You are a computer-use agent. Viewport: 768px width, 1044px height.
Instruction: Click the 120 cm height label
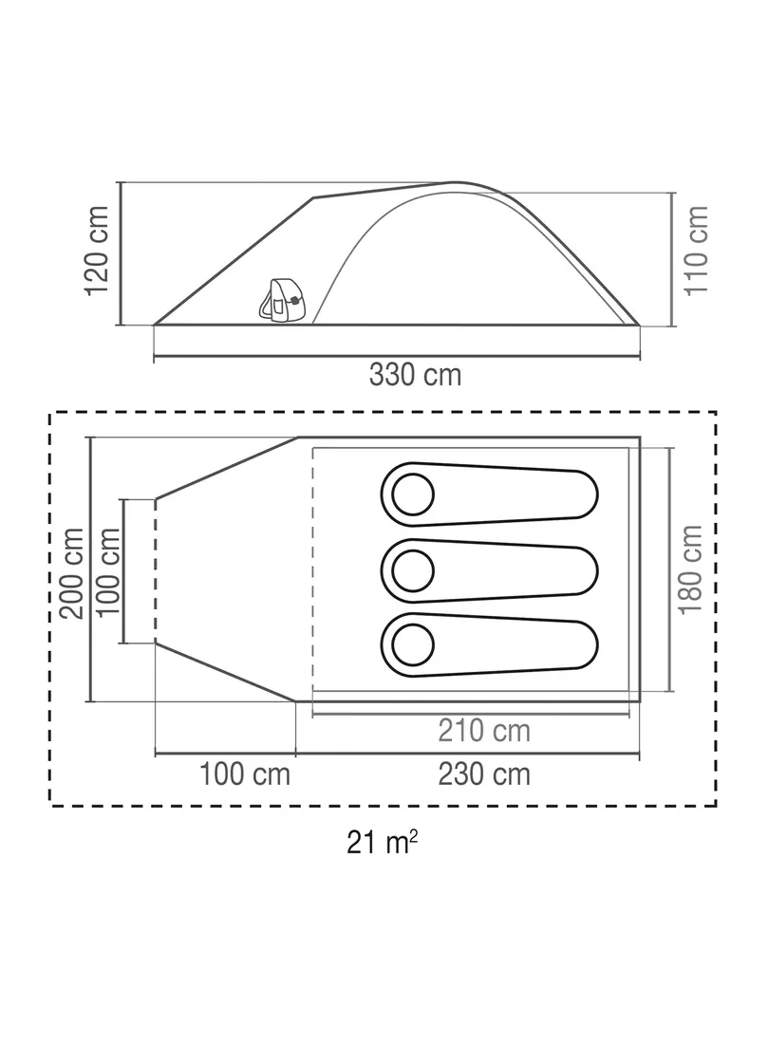click(97, 251)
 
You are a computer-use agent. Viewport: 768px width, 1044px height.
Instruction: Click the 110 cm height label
click(696, 251)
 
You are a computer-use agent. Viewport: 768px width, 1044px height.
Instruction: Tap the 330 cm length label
click(415, 376)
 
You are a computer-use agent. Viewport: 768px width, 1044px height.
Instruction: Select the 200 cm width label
click(72, 573)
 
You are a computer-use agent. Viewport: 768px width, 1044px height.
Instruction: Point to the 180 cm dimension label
click(691, 570)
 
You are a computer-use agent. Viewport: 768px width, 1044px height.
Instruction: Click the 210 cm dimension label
click(484, 731)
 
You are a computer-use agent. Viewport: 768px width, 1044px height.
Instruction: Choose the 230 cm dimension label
click(484, 775)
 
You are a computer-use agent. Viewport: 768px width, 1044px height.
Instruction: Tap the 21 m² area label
click(383, 843)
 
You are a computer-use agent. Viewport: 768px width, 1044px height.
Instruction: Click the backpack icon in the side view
click(282, 300)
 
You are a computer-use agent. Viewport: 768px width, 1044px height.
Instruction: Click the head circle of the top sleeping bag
click(413, 494)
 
